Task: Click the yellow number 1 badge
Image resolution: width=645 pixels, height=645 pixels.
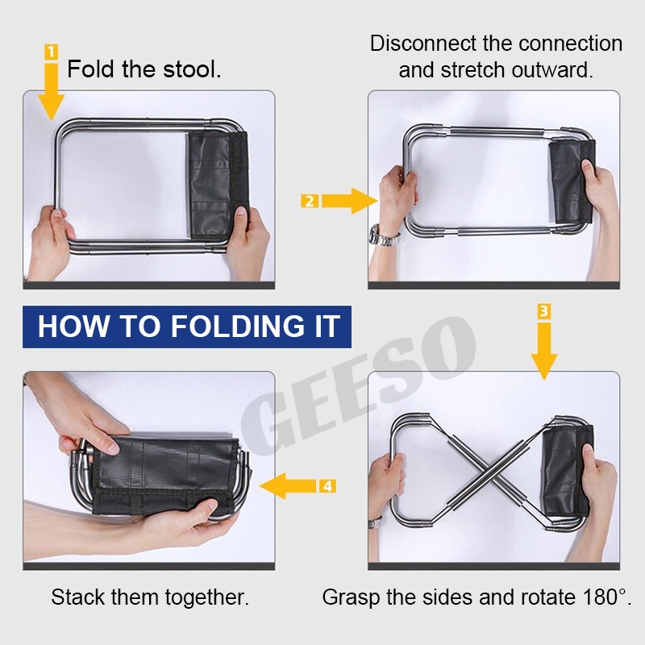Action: coord(51,52)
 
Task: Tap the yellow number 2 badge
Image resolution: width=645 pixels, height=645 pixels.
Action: coord(310,201)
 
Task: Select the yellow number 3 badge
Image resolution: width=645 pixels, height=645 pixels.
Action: coord(543,311)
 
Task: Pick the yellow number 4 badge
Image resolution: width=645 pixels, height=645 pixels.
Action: coord(328,486)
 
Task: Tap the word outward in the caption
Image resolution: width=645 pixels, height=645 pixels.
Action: coord(551,69)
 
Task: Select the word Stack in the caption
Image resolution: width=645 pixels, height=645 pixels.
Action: coord(78,597)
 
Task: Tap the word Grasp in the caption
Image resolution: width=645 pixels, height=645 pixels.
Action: coord(352,597)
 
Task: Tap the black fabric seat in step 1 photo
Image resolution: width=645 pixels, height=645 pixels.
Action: coord(218,185)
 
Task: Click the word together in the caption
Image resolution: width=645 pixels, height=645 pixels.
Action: coord(206,597)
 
